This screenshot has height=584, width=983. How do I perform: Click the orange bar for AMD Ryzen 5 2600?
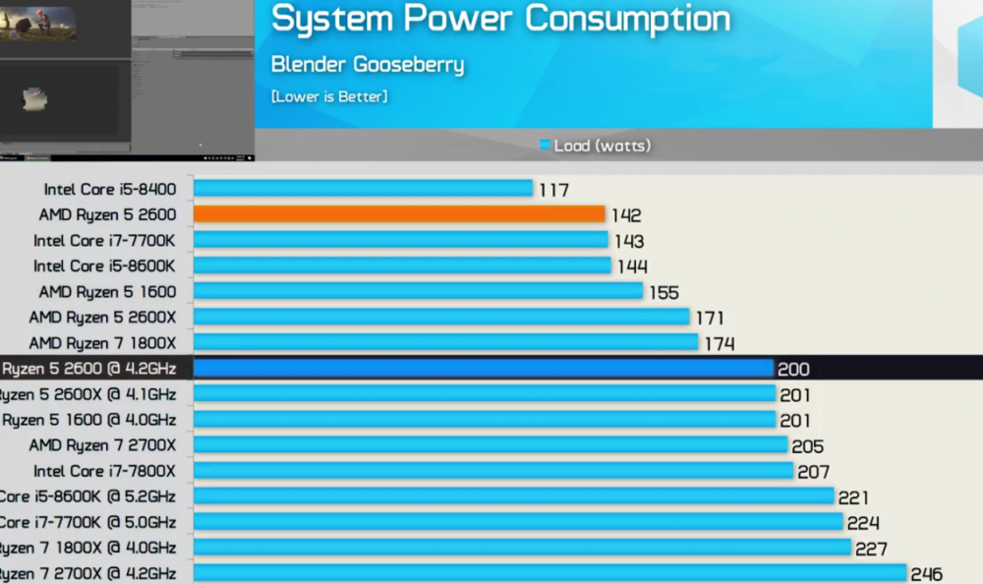pos(398,214)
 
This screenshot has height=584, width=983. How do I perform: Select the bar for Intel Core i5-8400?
pos(363,189)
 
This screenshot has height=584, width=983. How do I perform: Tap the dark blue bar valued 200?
pos(483,369)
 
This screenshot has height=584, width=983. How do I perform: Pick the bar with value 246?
pos(549,573)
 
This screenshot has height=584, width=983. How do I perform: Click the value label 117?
pos(554,190)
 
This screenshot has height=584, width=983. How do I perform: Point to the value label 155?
pos(664,292)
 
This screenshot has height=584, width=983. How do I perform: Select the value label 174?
pos(719,344)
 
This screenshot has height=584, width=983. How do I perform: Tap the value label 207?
pos(813,472)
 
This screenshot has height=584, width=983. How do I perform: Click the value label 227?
pos(871,549)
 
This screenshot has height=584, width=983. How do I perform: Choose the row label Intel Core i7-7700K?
pos(104,241)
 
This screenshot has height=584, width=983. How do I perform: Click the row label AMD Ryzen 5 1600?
pos(107,292)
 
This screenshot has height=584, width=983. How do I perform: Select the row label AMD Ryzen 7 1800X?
pos(102,343)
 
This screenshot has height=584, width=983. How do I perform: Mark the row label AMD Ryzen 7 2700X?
pos(102,445)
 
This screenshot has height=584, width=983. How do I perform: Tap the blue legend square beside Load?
pos(545,146)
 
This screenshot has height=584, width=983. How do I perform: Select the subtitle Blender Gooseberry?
pos(368,65)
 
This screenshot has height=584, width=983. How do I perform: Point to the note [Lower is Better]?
pos(329,96)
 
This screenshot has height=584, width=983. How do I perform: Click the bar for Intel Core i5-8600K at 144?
pos(402,265)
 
